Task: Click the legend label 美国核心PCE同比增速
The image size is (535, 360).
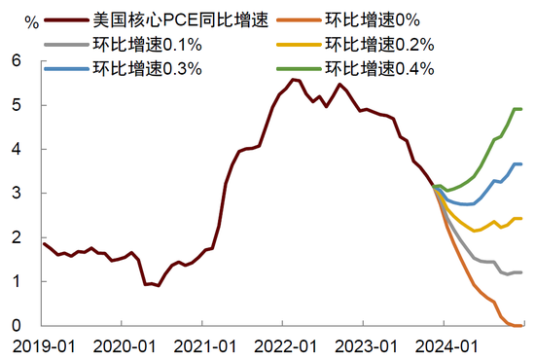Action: pyautogui.click(x=181, y=20)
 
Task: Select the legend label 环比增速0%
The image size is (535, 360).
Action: pyautogui.click(x=373, y=20)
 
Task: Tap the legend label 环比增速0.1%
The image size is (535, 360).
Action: pyautogui.click(x=148, y=45)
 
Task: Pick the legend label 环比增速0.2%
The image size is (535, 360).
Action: pyautogui.click(x=379, y=45)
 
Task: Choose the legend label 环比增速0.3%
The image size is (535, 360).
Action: pyautogui.click(x=148, y=68)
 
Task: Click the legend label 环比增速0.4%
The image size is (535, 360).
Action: pyautogui.click(x=379, y=68)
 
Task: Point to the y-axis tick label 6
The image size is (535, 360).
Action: pyautogui.click(x=17, y=60)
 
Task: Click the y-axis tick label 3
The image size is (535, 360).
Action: pyautogui.click(x=17, y=194)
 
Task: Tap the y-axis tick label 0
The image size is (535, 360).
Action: pyautogui.click(x=17, y=326)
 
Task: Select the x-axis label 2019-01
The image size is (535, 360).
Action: pyautogui.click(x=44, y=346)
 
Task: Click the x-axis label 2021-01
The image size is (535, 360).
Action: pyautogui.click(x=205, y=346)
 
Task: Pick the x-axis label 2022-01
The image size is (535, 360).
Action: pyautogui.click(x=286, y=346)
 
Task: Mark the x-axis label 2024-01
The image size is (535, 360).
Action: pyautogui.click(x=446, y=346)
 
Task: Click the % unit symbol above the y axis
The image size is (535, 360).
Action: pyautogui.click(x=32, y=22)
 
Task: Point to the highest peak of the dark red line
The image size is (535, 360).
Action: pyautogui.click(x=293, y=80)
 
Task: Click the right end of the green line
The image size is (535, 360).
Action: pyautogui.click(x=521, y=109)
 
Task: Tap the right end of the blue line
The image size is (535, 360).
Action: pyautogui.click(x=521, y=164)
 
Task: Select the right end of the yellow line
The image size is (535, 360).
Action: pyautogui.click(x=521, y=218)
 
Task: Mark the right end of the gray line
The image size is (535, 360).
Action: pyautogui.click(x=521, y=272)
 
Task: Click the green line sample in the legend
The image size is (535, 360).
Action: pyautogui.click(x=299, y=69)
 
